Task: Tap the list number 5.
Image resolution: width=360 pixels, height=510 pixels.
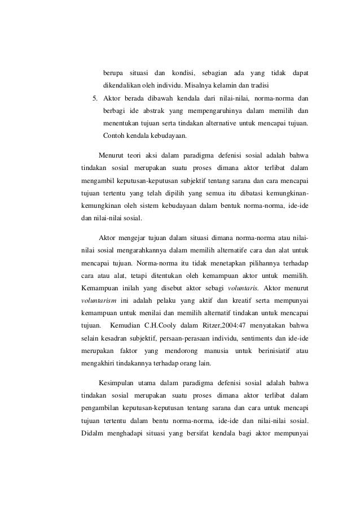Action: pos(96,98)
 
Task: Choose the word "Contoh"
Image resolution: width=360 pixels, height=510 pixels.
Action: pos(113,136)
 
